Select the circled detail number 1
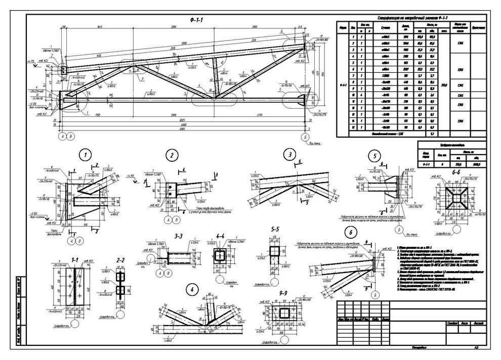point(87,154)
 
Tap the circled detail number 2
point(172,155)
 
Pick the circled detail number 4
point(191,290)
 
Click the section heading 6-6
point(452,172)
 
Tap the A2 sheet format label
point(476,348)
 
